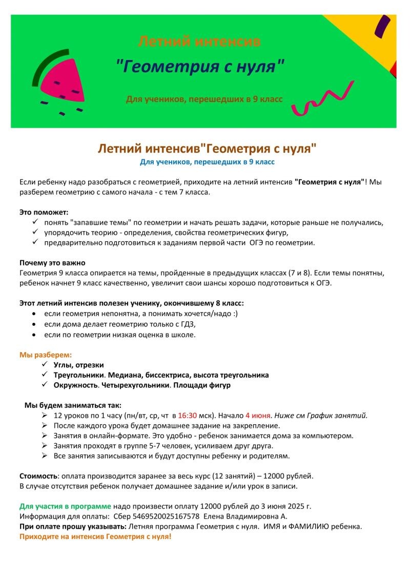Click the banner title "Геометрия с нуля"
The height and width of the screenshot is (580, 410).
point(200,66)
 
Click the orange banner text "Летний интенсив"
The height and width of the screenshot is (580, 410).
point(200,40)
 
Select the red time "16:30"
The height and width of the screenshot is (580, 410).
point(188,416)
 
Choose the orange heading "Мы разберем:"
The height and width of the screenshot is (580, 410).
point(46,355)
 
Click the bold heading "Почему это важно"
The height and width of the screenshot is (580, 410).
point(52,263)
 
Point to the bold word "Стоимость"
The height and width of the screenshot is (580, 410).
point(38,475)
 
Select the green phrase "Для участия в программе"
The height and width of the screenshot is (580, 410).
point(65,506)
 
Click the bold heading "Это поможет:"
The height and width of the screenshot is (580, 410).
point(44,212)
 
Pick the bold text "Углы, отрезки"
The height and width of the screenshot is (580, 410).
point(78,365)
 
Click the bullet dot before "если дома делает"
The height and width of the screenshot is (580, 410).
point(34,324)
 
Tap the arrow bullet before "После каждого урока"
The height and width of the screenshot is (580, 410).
point(45,425)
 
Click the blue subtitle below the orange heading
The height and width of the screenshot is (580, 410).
point(207,162)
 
